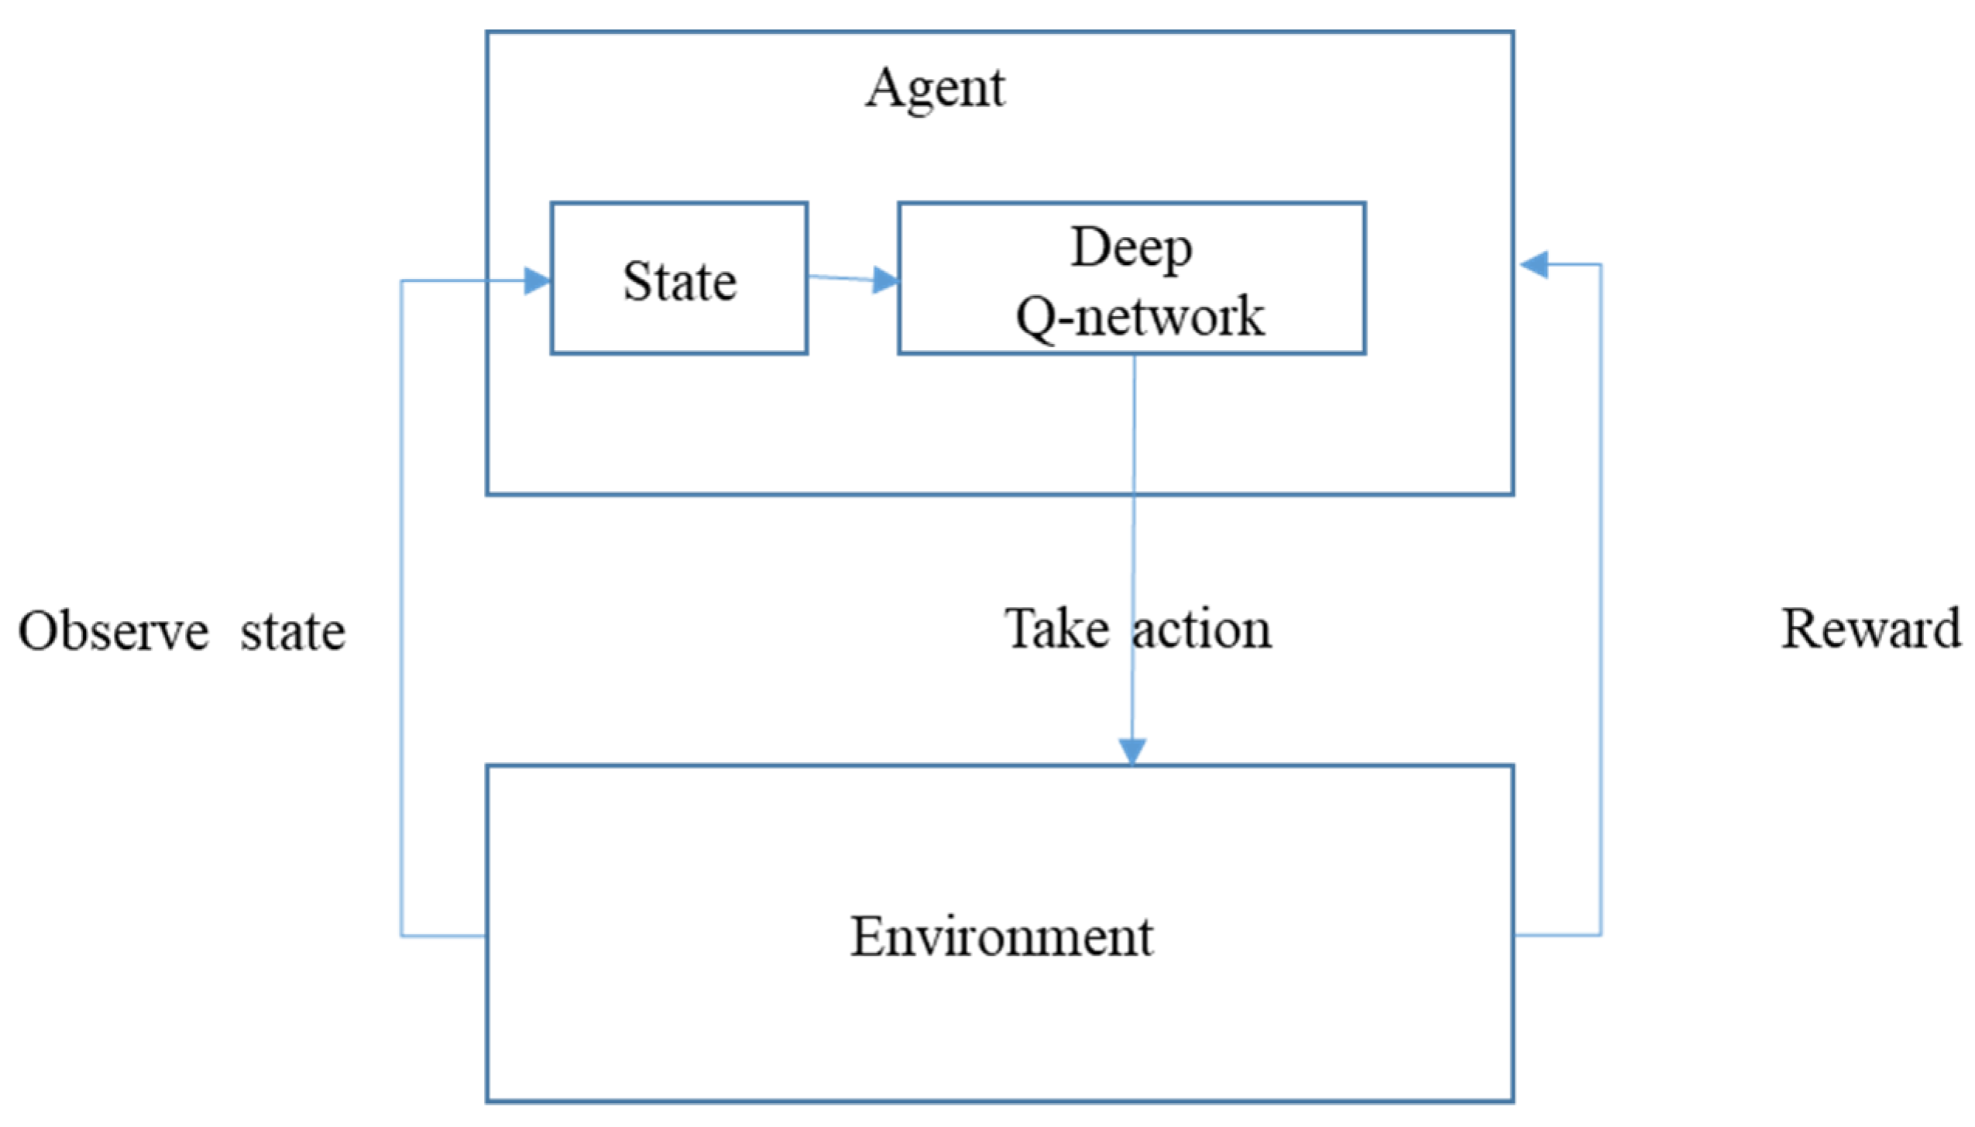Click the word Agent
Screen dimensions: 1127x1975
tap(934, 88)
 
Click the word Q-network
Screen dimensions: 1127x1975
tap(1139, 316)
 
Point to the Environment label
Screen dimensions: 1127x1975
tap(1001, 936)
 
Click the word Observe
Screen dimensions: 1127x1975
tap(113, 631)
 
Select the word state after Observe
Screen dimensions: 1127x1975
tap(293, 632)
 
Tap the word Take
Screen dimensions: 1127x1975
tap(1056, 628)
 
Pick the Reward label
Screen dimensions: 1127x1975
tap(1871, 628)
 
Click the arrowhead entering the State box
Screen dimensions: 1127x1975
tap(537, 280)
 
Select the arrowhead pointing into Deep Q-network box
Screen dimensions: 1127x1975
tap(884, 280)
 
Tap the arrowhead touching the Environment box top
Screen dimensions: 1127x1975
tap(1132, 751)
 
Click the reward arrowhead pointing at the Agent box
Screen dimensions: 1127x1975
tap(1534, 265)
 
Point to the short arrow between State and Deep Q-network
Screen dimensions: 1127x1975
tap(840, 277)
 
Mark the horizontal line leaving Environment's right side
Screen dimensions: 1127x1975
tap(1557, 935)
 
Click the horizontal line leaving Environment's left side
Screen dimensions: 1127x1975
tap(443, 936)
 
